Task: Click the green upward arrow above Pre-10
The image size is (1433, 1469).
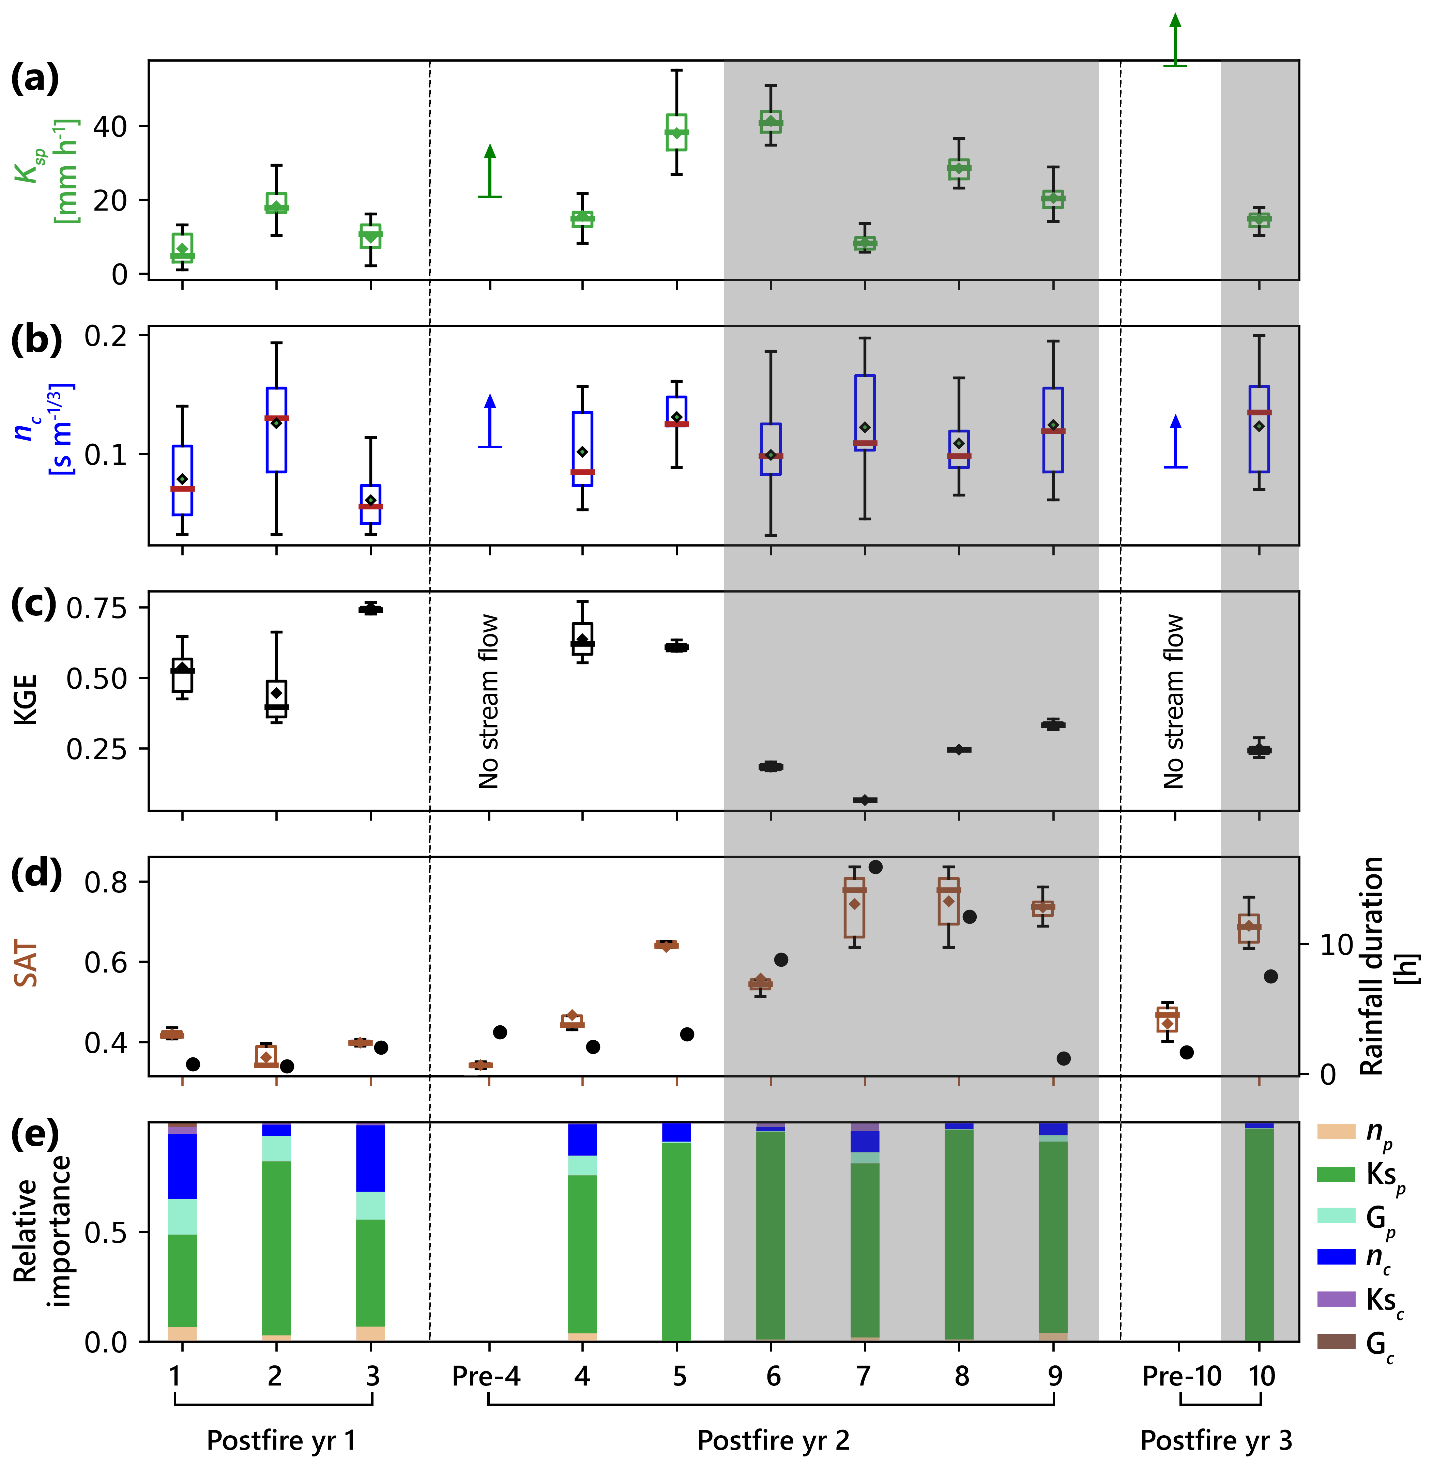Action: pyautogui.click(x=1175, y=39)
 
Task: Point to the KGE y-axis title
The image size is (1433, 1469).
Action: pyautogui.click(x=26, y=700)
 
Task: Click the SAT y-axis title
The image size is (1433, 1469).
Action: pyautogui.click(x=26, y=965)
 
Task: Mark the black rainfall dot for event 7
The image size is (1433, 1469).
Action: pyautogui.click(x=875, y=867)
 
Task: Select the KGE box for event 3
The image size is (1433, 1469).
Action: pyautogui.click(x=370, y=610)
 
